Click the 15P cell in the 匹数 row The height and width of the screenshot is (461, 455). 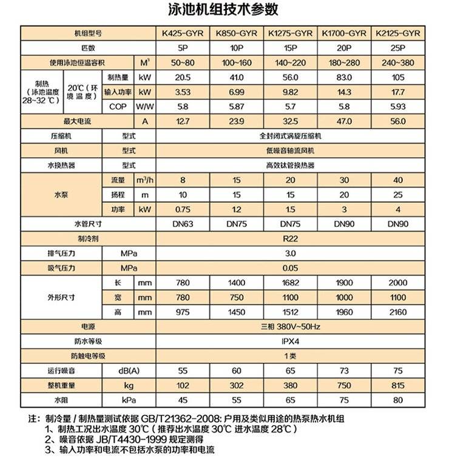290,48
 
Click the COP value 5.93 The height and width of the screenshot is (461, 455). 399,107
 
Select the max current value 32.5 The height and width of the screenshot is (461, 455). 290,121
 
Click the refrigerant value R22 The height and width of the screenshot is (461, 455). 290,239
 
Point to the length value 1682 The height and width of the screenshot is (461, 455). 290,283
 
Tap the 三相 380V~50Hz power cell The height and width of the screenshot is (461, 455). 290,326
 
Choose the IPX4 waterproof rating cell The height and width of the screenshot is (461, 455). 290,341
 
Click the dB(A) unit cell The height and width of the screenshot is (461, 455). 129,370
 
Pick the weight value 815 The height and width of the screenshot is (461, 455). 399,385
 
